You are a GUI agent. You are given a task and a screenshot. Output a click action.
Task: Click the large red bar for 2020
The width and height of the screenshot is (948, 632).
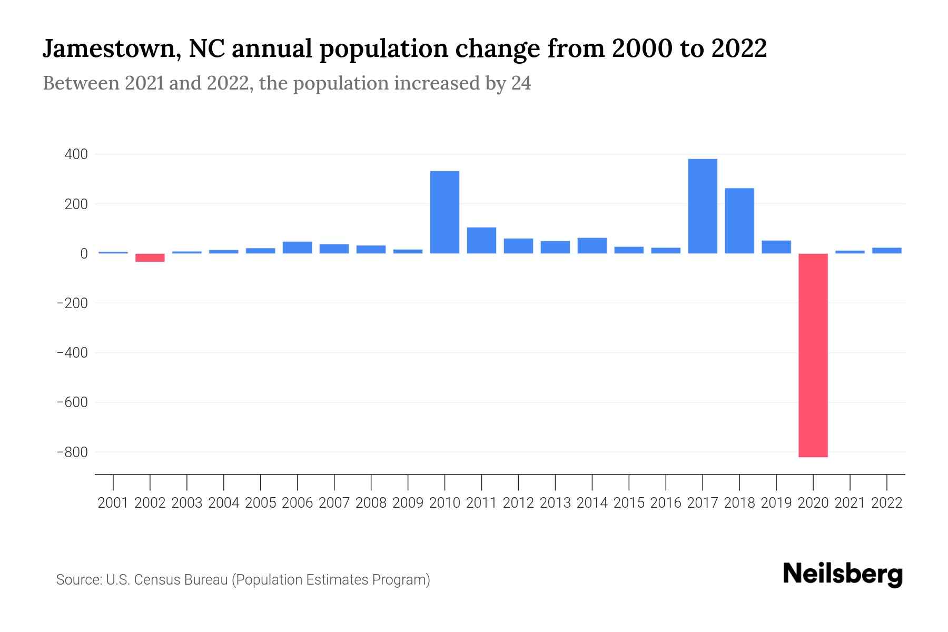pyautogui.click(x=813, y=355)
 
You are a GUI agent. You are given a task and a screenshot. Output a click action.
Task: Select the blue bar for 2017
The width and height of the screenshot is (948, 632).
pyautogui.click(x=702, y=206)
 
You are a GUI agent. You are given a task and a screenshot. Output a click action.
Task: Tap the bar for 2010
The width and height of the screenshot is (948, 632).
pyautogui.click(x=445, y=212)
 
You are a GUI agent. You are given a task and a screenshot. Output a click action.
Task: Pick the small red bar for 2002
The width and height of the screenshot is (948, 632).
pyautogui.click(x=150, y=258)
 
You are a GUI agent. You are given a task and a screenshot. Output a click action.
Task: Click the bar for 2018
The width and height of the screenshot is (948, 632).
pyautogui.click(x=739, y=221)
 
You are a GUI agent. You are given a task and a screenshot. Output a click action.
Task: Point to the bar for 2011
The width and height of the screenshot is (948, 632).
pyautogui.click(x=481, y=240)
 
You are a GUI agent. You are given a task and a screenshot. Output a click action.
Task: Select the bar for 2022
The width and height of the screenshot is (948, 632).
pyautogui.click(x=886, y=251)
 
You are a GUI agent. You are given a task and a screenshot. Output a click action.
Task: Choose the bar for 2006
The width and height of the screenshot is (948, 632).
pyautogui.click(x=297, y=248)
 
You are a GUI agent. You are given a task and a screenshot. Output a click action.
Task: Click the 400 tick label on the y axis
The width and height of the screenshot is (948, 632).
pyautogui.click(x=76, y=154)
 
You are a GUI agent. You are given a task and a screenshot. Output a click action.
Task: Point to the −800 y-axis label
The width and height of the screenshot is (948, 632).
pyautogui.click(x=72, y=452)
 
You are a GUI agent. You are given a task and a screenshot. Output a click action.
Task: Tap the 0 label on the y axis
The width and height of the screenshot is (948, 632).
pyautogui.click(x=84, y=254)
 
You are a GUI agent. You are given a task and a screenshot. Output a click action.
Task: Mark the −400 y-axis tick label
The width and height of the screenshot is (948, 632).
pyautogui.click(x=72, y=353)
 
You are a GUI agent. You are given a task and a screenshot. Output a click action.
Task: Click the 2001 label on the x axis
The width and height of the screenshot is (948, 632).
pyautogui.click(x=113, y=503)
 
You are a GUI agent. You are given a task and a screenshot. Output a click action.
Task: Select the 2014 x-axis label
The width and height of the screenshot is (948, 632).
pyautogui.click(x=592, y=503)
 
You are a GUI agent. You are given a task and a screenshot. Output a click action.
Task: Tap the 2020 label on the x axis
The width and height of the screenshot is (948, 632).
pyautogui.click(x=813, y=503)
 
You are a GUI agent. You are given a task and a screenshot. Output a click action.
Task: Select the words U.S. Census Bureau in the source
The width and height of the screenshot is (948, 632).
pyautogui.click(x=166, y=580)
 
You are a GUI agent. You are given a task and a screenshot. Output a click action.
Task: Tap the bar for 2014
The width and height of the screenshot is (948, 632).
pyautogui.click(x=592, y=245)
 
